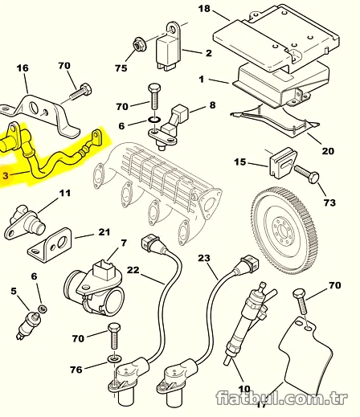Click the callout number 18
pos(204,9)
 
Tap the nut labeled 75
pos(139,45)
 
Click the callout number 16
pos(22,67)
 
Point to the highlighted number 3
pos(6,176)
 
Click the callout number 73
pos(329,202)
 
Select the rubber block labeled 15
pos(282,163)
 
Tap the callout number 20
pos(328,151)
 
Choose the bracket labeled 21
pos(50,244)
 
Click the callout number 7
pos(124,243)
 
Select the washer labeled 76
pos(115,358)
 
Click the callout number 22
pos(133,270)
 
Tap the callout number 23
pos(204,258)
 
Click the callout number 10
pos(244,388)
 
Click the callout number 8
pos(212,105)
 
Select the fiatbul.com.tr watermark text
pos(282,399)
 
